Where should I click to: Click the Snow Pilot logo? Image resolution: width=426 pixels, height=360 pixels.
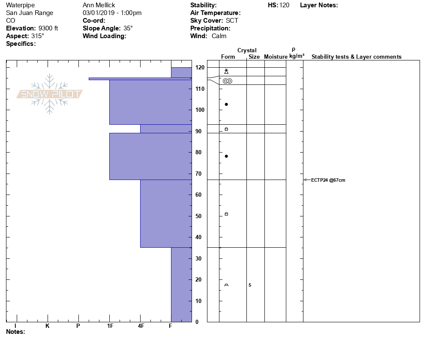point(49,94)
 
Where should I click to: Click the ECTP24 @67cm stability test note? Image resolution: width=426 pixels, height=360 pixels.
point(328,180)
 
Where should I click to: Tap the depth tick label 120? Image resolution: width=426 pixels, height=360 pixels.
point(200,68)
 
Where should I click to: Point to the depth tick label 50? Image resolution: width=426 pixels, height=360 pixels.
point(200,216)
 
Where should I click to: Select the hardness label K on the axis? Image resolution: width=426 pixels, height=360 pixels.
point(47,326)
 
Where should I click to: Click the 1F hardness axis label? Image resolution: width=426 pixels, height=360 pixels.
point(110,326)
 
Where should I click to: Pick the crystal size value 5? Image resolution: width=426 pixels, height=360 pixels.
point(250,285)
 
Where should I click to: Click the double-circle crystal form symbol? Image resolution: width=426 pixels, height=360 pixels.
point(227,81)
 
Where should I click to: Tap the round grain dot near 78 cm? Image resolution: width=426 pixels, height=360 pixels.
point(226,156)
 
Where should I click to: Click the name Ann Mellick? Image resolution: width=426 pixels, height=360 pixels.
point(99,5)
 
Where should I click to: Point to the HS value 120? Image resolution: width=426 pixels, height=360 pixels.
point(284,5)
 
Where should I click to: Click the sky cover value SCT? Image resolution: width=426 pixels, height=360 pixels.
point(232,21)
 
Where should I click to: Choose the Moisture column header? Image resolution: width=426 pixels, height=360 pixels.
point(276,57)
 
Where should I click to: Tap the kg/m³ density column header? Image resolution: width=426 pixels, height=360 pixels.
point(297,56)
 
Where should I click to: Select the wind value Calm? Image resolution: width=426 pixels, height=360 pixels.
point(219,36)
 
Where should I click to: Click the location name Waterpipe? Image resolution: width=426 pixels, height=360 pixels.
point(21,5)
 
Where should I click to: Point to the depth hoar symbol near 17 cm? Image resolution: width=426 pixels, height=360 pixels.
point(226,285)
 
